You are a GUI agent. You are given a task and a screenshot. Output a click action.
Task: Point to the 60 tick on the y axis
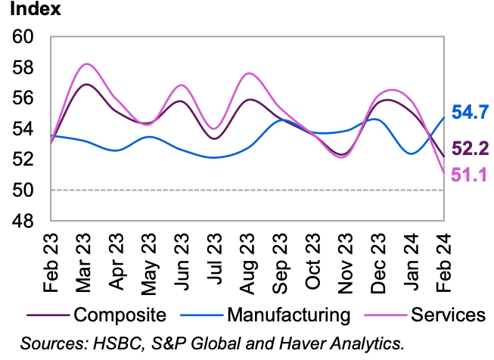tap(23, 37)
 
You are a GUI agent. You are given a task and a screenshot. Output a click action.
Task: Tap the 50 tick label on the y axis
tap(23, 191)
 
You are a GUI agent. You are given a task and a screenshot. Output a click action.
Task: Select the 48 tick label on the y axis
tap(23, 222)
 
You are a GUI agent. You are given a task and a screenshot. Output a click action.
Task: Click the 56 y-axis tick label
tap(23, 98)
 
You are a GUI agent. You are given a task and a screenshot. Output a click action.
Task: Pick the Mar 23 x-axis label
tap(84, 259)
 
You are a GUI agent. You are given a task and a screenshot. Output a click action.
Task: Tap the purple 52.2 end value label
tap(470, 148)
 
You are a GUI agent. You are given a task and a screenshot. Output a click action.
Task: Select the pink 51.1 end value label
tap(470, 175)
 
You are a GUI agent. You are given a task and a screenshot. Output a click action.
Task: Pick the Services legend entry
tap(444, 313)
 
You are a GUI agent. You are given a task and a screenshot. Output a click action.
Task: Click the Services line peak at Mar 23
tap(86, 64)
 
